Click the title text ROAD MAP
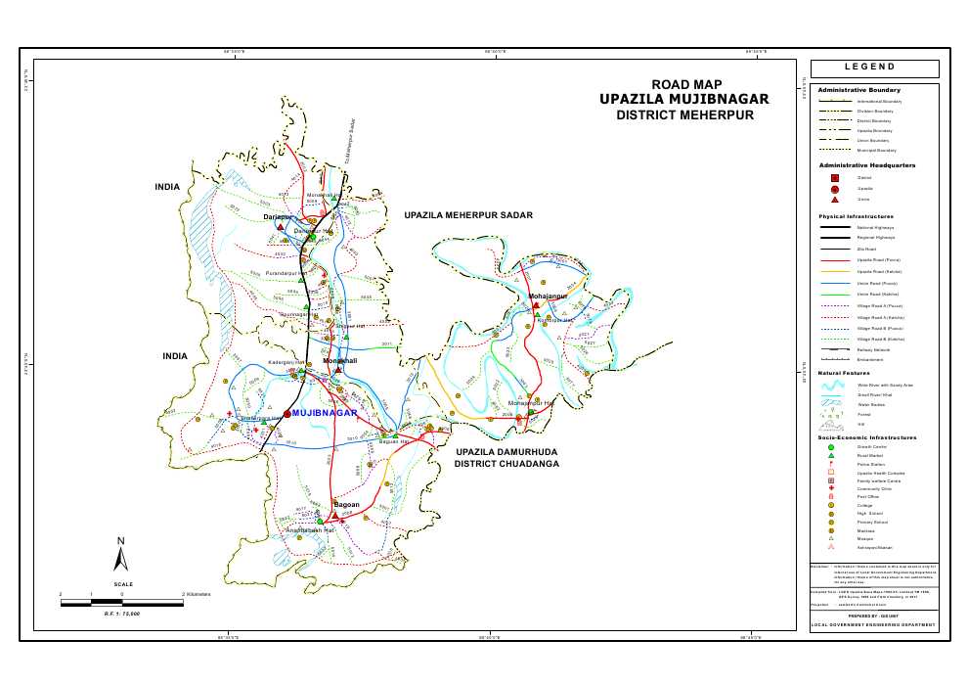click(686, 84)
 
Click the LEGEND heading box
click(874, 68)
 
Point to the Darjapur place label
click(279, 217)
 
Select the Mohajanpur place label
click(548, 295)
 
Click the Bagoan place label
click(347, 505)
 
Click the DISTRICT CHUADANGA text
click(506, 464)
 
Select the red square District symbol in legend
click(835, 178)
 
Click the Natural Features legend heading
click(845, 373)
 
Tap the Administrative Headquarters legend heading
click(866, 165)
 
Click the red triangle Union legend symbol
click(835, 199)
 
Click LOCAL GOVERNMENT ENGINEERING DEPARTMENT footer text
click(873, 624)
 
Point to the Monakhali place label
click(340, 361)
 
